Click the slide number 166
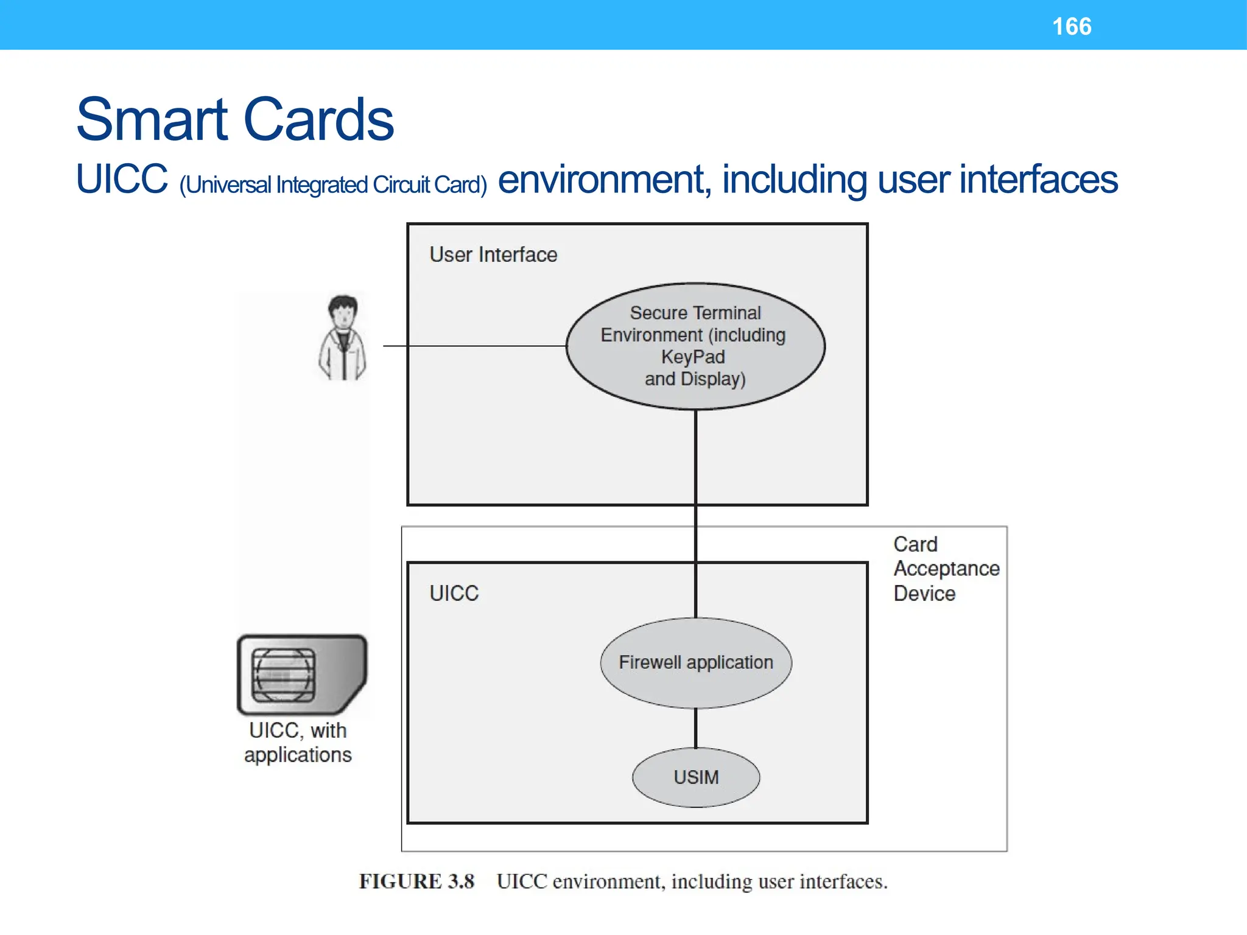tap(1072, 27)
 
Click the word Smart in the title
tap(152, 120)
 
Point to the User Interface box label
tap(493, 254)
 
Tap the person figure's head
tap(343, 311)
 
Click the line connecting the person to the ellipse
tap(475, 346)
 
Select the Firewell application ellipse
tap(696, 662)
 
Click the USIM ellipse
tap(696, 777)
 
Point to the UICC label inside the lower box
tap(454, 593)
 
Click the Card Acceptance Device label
tap(946, 569)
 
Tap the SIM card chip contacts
tap(283, 675)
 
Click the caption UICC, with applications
tap(298, 742)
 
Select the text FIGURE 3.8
tap(416, 881)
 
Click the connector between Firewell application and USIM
tap(696, 728)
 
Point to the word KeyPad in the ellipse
tap(693, 357)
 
